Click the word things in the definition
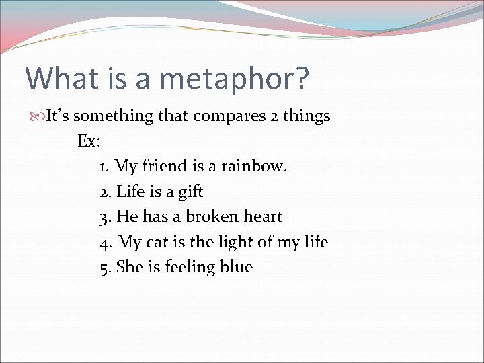point(307,116)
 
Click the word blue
point(236,267)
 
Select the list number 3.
point(104,217)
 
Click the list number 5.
point(104,268)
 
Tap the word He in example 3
point(126,216)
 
